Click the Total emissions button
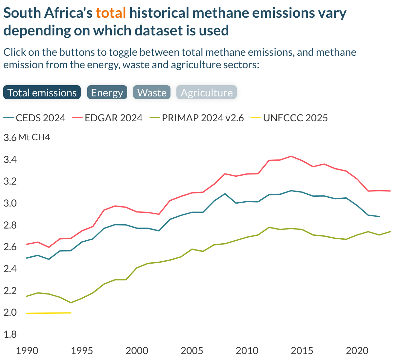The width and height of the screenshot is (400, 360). (42, 92)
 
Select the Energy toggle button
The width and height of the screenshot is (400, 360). (107, 92)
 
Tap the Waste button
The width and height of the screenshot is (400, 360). (152, 92)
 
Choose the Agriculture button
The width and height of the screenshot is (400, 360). (207, 92)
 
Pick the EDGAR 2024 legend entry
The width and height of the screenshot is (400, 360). (113, 118)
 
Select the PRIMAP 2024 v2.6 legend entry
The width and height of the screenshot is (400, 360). (203, 118)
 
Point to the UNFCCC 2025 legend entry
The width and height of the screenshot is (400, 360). (295, 118)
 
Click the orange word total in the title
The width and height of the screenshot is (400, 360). (111, 13)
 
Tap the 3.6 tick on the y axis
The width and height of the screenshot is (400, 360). (10, 138)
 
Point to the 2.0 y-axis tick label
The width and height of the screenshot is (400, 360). (10, 312)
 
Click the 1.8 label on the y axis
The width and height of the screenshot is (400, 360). (10, 334)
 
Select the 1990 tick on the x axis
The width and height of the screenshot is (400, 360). (27, 351)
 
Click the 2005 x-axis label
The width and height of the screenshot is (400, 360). (192, 351)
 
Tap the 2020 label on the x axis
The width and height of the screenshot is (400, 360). (357, 351)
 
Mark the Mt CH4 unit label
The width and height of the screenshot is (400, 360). (34, 137)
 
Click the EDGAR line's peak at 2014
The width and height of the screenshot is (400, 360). (291, 156)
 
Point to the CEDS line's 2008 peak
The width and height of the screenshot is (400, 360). (225, 194)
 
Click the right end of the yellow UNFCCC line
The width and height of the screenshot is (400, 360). (71, 313)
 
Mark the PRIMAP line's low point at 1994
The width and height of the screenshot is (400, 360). (71, 303)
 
